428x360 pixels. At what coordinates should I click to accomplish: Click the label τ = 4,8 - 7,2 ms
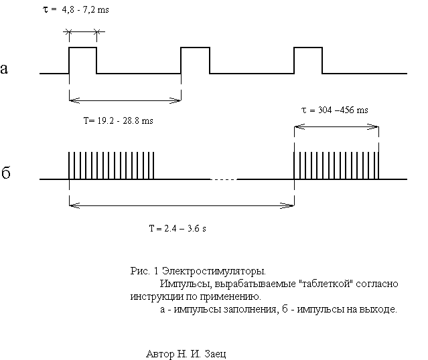click(76, 10)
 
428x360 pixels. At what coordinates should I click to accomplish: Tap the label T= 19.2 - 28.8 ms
click(118, 120)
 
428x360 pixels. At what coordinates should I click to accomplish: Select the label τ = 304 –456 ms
click(335, 110)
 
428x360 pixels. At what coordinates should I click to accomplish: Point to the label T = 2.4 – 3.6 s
click(177, 228)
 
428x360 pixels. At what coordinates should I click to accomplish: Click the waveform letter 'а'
click(4, 68)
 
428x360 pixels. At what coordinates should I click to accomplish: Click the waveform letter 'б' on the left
click(6, 173)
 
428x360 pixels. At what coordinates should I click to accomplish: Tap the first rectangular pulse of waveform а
click(82, 48)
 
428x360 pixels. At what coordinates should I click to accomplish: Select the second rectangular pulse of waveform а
click(195, 48)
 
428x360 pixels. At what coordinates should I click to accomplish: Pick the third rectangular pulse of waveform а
click(308, 48)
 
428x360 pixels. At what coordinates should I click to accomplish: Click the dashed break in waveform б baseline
click(223, 179)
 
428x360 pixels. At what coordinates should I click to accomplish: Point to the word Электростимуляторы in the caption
click(214, 271)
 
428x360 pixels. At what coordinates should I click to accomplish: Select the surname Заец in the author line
click(215, 354)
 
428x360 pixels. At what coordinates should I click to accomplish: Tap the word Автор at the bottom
click(160, 354)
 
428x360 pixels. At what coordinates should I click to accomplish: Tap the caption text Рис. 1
click(145, 271)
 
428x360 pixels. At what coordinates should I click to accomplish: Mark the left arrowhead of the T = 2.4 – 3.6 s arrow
click(74, 206)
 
